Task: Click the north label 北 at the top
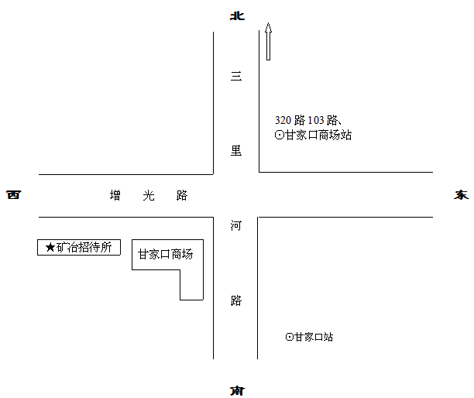pyautogui.click(x=236, y=13)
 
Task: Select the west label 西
pyautogui.click(x=13, y=194)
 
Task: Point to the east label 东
pyautogui.click(x=462, y=194)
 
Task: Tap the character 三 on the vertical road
pyautogui.click(x=236, y=77)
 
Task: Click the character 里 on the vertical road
pyautogui.click(x=236, y=151)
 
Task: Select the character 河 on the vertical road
pyautogui.click(x=236, y=226)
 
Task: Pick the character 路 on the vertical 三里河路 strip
pyautogui.click(x=236, y=301)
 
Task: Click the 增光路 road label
pyautogui.click(x=149, y=195)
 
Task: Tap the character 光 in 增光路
pyautogui.click(x=149, y=195)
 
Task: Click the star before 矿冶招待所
pyautogui.click(x=50, y=248)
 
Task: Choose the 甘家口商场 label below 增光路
pyautogui.click(x=166, y=254)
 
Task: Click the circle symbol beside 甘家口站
pyautogui.click(x=290, y=337)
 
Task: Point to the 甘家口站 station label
pyautogui.click(x=314, y=337)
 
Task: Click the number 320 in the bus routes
pyautogui.click(x=283, y=120)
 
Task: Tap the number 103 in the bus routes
pyautogui.click(x=317, y=120)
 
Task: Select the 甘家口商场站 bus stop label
pyautogui.click(x=319, y=135)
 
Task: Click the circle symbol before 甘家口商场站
pyautogui.click(x=280, y=135)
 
